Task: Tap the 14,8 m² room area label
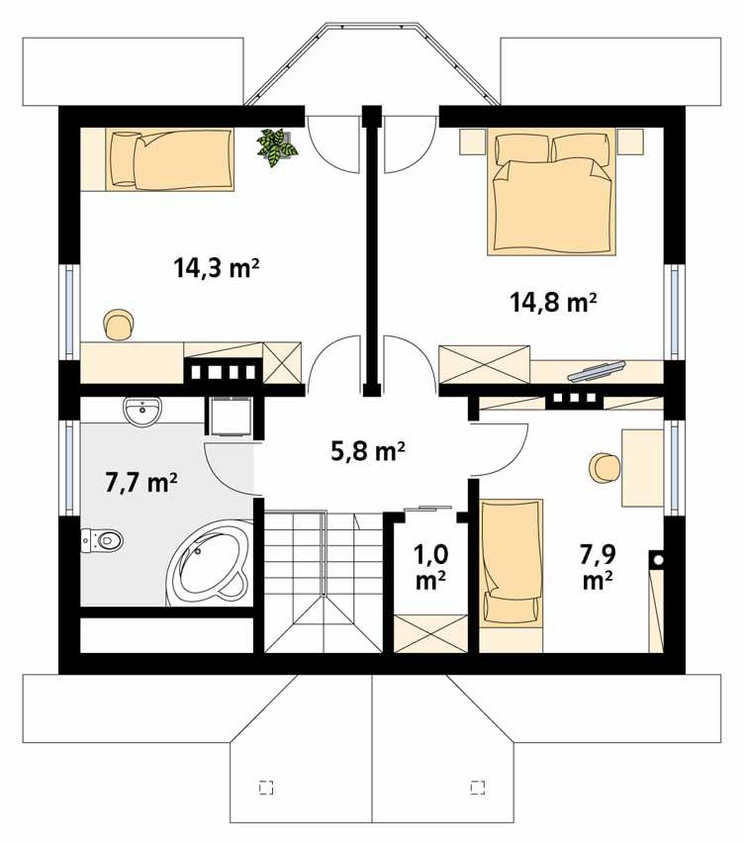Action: pos(553,303)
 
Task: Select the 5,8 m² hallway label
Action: pos(367,452)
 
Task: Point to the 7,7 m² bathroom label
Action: pos(140,483)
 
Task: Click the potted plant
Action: pos(277,148)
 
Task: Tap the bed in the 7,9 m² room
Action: pos(511,561)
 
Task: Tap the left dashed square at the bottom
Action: pos(264,788)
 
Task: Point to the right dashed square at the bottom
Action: pos(478,788)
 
